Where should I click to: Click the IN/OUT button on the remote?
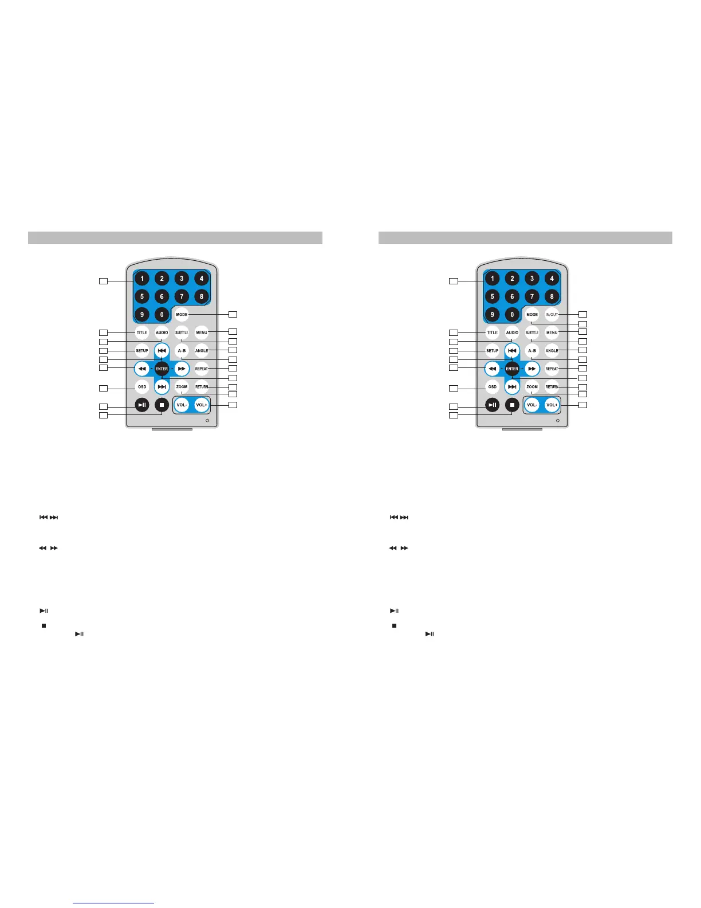pyautogui.click(x=552, y=314)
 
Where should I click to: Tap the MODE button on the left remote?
pyautogui.click(x=182, y=314)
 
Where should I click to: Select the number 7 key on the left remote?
pyautogui.click(x=182, y=296)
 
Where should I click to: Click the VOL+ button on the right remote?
pyautogui.click(x=552, y=405)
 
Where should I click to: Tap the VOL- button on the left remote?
pyautogui.click(x=182, y=405)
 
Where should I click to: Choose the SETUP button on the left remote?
pyautogui.click(x=142, y=350)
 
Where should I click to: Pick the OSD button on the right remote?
pyautogui.click(x=493, y=387)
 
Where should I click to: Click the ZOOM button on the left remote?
pyautogui.click(x=182, y=387)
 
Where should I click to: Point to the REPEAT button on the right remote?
pyautogui.click(x=552, y=369)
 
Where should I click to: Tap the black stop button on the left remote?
pyautogui.click(x=162, y=405)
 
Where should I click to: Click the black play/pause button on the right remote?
pyautogui.click(x=493, y=405)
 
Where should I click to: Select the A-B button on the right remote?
pyautogui.click(x=532, y=350)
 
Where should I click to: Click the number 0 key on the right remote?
pyautogui.click(x=512, y=314)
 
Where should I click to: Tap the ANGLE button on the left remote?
pyautogui.click(x=202, y=350)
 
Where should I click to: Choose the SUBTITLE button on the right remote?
pyautogui.click(x=532, y=332)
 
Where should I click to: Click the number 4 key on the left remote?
pyautogui.click(x=202, y=279)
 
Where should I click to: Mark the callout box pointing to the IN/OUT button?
pyautogui.click(x=583, y=314)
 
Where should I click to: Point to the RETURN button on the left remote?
pyautogui.click(x=202, y=387)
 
